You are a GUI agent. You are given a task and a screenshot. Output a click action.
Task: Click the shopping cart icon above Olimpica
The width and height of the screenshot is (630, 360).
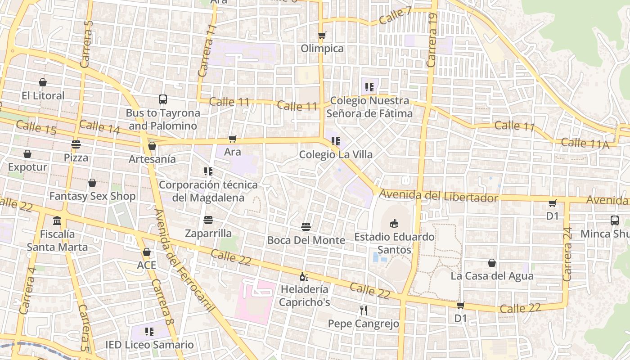322,35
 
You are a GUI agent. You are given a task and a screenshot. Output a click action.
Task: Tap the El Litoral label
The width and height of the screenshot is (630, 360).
43,95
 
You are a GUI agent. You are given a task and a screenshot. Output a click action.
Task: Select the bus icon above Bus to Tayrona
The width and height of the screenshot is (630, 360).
163,99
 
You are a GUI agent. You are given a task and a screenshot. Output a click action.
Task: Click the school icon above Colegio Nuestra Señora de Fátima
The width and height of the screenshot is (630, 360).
369,87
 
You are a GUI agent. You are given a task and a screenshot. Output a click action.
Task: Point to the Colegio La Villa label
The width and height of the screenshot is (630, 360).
336,154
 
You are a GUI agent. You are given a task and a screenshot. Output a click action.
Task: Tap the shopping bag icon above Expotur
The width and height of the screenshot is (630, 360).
27,154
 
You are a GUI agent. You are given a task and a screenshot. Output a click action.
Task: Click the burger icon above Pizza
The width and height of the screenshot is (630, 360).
76,144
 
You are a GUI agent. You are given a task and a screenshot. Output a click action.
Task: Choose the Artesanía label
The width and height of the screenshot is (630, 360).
152,159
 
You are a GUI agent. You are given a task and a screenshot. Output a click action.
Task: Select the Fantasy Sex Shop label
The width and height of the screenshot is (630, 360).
92,196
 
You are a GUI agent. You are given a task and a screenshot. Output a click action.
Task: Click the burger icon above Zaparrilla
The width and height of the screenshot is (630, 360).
208,220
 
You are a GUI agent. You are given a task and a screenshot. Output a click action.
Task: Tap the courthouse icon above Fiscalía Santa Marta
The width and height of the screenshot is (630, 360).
57,221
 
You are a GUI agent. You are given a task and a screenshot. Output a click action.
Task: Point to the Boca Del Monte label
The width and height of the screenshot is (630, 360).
306,240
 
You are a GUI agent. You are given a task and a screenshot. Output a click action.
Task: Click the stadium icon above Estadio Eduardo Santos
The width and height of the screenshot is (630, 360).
394,223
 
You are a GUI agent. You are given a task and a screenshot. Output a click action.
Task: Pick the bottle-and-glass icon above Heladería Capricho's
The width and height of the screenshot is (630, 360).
304,276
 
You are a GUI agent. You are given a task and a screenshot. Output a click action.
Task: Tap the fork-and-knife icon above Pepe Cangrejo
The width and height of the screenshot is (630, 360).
364,310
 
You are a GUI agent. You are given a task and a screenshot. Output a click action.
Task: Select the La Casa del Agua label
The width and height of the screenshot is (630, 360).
492,276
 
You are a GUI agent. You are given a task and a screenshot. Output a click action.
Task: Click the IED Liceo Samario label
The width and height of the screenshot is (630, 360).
149,345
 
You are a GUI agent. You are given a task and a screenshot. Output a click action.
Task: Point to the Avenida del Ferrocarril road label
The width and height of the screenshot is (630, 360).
184,261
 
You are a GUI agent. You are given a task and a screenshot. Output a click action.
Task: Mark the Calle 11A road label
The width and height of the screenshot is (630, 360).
585,144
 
